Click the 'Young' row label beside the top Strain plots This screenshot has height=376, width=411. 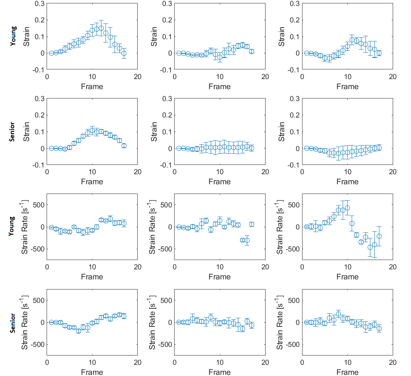(13, 36)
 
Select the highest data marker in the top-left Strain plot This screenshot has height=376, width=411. (101, 28)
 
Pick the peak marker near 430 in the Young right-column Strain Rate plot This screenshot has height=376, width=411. (348, 208)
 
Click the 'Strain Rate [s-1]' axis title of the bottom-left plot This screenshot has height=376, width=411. (25, 322)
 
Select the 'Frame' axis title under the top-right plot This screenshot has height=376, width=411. (347, 87)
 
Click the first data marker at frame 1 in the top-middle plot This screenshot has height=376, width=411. (179, 53)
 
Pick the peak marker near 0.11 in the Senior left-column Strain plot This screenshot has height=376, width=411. (92, 130)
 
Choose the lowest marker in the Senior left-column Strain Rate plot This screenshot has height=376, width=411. (79, 330)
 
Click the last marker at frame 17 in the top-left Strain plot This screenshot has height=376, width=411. (124, 53)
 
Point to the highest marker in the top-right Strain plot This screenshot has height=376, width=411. (352, 40)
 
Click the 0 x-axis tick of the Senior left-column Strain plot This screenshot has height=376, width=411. (47, 172)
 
